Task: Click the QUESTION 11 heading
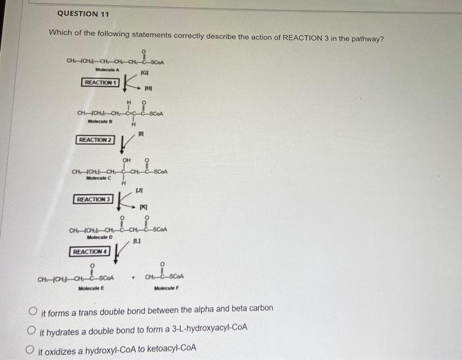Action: tap(83, 14)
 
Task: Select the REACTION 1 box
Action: tap(100, 82)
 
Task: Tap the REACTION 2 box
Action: tap(96, 140)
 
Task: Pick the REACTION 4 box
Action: tap(88, 252)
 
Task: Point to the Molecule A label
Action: tap(106, 69)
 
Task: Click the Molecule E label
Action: tap(87, 288)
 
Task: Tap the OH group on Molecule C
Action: tap(126, 160)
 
